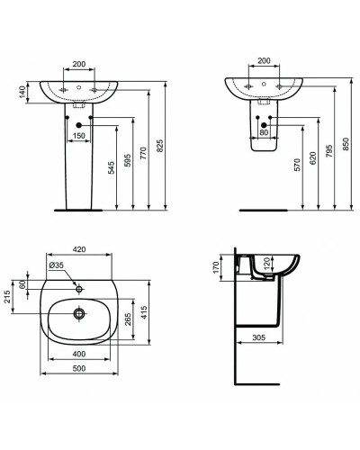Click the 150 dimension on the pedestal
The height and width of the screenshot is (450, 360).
(80, 134)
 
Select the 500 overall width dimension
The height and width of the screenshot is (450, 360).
(80, 370)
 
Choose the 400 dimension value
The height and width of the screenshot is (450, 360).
(80, 355)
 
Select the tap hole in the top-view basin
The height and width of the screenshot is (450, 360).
(80, 288)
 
